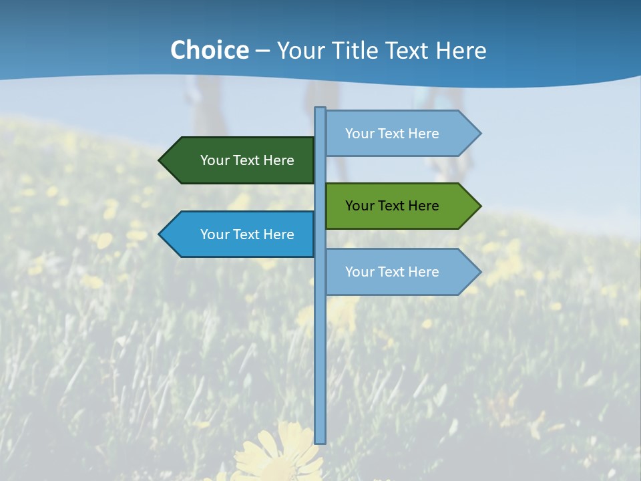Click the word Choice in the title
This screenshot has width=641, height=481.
click(209, 51)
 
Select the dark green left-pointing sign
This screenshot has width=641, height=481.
click(240, 160)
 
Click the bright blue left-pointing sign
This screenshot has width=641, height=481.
click(240, 234)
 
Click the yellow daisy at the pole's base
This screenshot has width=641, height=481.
click(280, 454)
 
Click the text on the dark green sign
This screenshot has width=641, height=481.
click(247, 160)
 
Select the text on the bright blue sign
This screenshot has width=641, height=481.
click(247, 234)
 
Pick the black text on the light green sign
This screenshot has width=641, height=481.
click(392, 206)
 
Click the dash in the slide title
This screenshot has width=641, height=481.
click(262, 51)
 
